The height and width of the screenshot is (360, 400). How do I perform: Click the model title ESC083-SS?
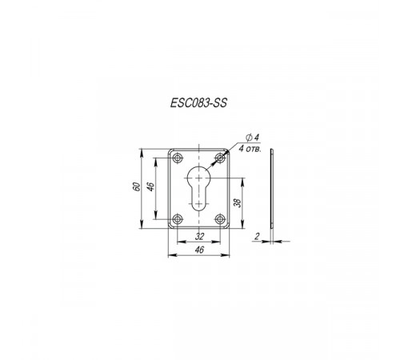click(x=198, y=102)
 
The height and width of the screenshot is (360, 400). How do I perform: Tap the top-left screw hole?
click(x=177, y=158)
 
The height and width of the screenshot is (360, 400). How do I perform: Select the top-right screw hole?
click(x=220, y=158)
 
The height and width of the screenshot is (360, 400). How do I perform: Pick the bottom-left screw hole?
click(x=177, y=219)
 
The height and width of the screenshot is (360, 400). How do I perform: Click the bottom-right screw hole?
click(x=220, y=219)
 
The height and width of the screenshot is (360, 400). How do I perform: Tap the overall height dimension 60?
click(x=136, y=186)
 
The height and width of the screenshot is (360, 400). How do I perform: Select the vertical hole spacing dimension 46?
click(x=151, y=186)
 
